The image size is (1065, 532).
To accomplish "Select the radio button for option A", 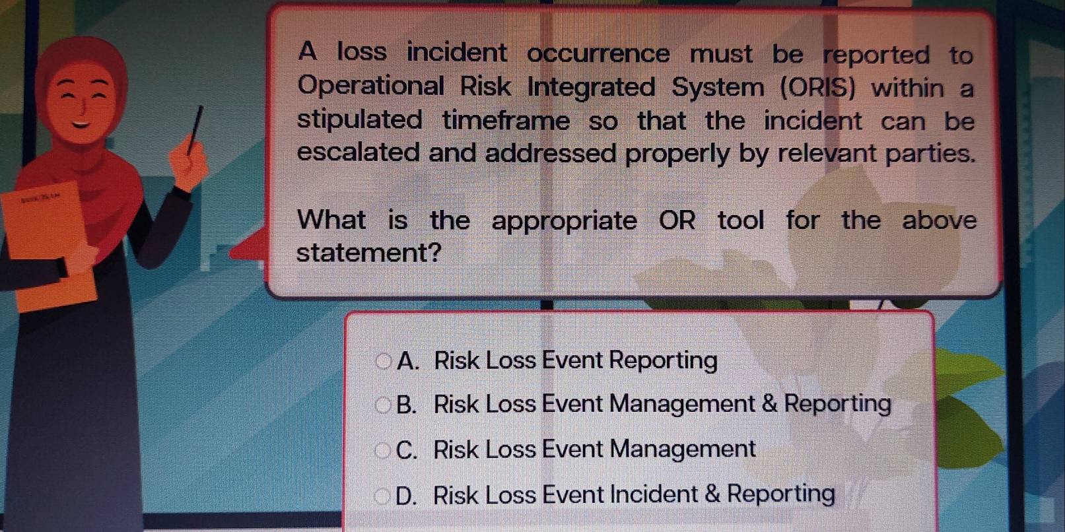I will point(383,361).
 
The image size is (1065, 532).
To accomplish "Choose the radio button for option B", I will point(383,405).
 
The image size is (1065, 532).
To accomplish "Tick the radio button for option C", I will point(382,450).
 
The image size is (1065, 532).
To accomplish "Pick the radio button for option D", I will point(382,496).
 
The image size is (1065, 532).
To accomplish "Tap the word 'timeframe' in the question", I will point(506,121).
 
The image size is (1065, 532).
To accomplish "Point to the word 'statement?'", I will point(368,253).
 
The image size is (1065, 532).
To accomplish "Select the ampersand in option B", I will point(769,403).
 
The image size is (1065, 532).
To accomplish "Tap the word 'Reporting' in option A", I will point(663,361).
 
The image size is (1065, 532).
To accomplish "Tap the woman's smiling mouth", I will point(81,123).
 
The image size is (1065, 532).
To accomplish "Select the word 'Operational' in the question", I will point(371,86).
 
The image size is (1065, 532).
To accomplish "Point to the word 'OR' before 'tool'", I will point(677,220).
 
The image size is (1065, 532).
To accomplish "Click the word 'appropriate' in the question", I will point(564,221).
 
